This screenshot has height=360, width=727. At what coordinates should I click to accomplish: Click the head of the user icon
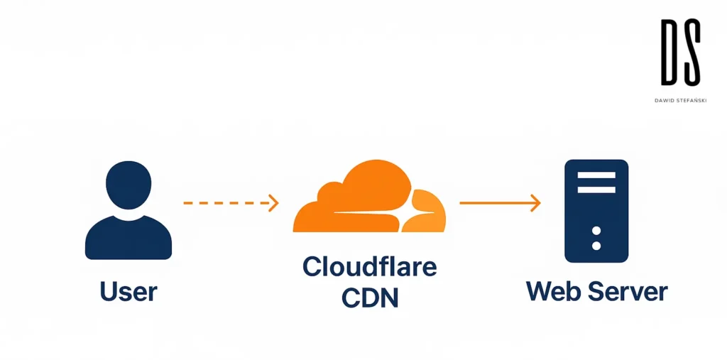[129, 184]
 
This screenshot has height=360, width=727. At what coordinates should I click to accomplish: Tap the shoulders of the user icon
[129, 238]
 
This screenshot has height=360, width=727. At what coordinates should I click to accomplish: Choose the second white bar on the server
[596, 190]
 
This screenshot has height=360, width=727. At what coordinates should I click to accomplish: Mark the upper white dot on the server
[596, 231]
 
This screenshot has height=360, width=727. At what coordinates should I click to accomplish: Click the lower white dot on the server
[596, 246]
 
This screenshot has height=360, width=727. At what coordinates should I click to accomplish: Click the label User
[128, 291]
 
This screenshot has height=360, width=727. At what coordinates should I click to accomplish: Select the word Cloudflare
[369, 267]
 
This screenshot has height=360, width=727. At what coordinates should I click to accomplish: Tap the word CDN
[369, 297]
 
